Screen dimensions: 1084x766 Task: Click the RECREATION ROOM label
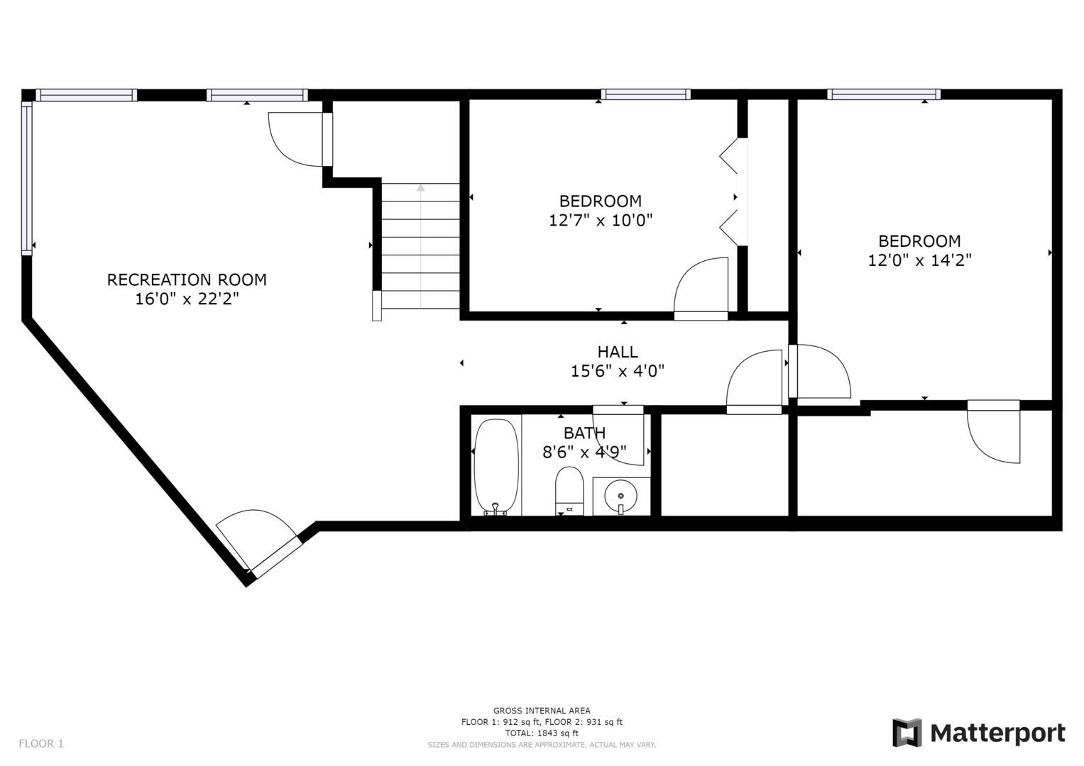(x=187, y=279)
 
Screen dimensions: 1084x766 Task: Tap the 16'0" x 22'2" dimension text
(x=187, y=299)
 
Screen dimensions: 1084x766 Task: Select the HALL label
(x=618, y=352)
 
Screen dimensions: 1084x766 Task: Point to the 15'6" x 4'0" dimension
(x=618, y=371)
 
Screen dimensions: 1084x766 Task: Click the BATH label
(x=584, y=433)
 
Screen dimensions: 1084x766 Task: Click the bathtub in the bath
(x=496, y=467)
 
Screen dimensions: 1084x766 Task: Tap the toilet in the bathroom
(x=569, y=491)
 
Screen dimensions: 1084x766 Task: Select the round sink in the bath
(x=620, y=496)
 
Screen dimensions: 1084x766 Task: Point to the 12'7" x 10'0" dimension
(x=601, y=221)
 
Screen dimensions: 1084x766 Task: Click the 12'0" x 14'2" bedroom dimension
(x=919, y=261)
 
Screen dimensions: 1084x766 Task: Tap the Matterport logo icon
(x=907, y=733)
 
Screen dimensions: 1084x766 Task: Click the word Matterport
(x=998, y=733)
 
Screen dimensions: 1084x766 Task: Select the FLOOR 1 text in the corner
(x=41, y=743)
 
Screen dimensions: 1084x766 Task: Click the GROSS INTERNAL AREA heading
(x=542, y=711)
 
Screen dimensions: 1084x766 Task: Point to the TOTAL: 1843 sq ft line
(x=542, y=733)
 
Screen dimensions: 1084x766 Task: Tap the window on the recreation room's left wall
(x=26, y=178)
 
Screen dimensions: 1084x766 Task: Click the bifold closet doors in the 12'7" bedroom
(x=733, y=192)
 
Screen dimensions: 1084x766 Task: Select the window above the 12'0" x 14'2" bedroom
(x=884, y=94)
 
